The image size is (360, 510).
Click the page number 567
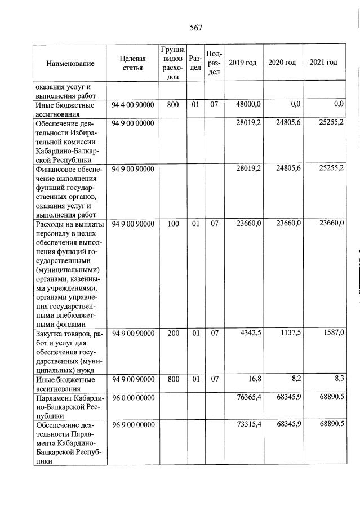(195, 28)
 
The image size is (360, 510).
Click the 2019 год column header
(243, 63)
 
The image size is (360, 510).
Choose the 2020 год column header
(282, 63)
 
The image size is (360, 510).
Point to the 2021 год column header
(324, 63)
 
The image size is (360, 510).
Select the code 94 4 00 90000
(133, 105)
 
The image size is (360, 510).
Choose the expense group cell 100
(173, 224)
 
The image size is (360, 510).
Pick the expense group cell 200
(173, 334)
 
